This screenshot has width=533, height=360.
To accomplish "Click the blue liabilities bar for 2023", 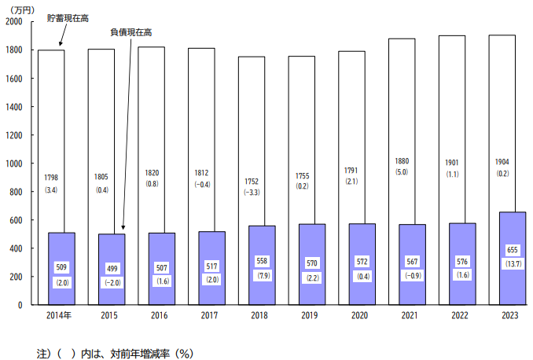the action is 513,259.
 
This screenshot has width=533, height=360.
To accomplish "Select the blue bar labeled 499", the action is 112,270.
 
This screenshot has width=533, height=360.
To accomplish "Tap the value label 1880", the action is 402,161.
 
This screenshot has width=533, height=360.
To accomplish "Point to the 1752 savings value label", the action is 252,182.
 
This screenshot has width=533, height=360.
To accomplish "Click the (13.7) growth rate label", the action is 513,264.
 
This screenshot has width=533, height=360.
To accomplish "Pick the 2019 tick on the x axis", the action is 309,315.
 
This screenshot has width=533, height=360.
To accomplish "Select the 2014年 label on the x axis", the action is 59,315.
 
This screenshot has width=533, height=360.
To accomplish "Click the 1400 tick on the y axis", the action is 14,107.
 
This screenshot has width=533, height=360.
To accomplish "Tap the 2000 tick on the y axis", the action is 14,21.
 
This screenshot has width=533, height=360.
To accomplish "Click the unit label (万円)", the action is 22,10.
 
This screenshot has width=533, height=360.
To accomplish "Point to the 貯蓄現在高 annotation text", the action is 68,18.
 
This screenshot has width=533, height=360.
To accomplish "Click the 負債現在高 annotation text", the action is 130,32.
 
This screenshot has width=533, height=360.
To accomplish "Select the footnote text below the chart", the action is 115,354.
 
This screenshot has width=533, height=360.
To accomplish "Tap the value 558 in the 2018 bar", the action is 262,261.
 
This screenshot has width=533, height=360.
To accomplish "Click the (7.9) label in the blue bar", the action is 264,275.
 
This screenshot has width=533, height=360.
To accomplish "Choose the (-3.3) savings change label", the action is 252,193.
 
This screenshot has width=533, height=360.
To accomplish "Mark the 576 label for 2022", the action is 462,262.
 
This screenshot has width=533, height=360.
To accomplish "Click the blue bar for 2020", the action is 362,264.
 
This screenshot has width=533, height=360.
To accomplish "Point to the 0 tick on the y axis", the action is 20,305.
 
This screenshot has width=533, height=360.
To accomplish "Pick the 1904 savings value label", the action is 502,162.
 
